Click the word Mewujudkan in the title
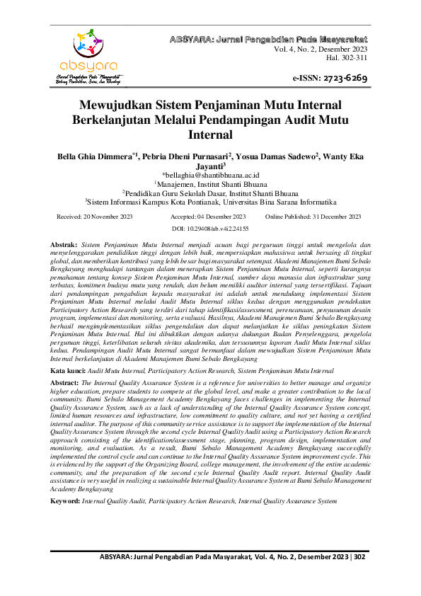click(x=117, y=107)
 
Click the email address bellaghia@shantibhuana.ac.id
click(x=212, y=173)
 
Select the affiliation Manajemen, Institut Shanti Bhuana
click(x=212, y=183)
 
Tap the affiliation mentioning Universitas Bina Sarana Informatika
click(x=212, y=200)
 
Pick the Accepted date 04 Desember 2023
click(x=208, y=216)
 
